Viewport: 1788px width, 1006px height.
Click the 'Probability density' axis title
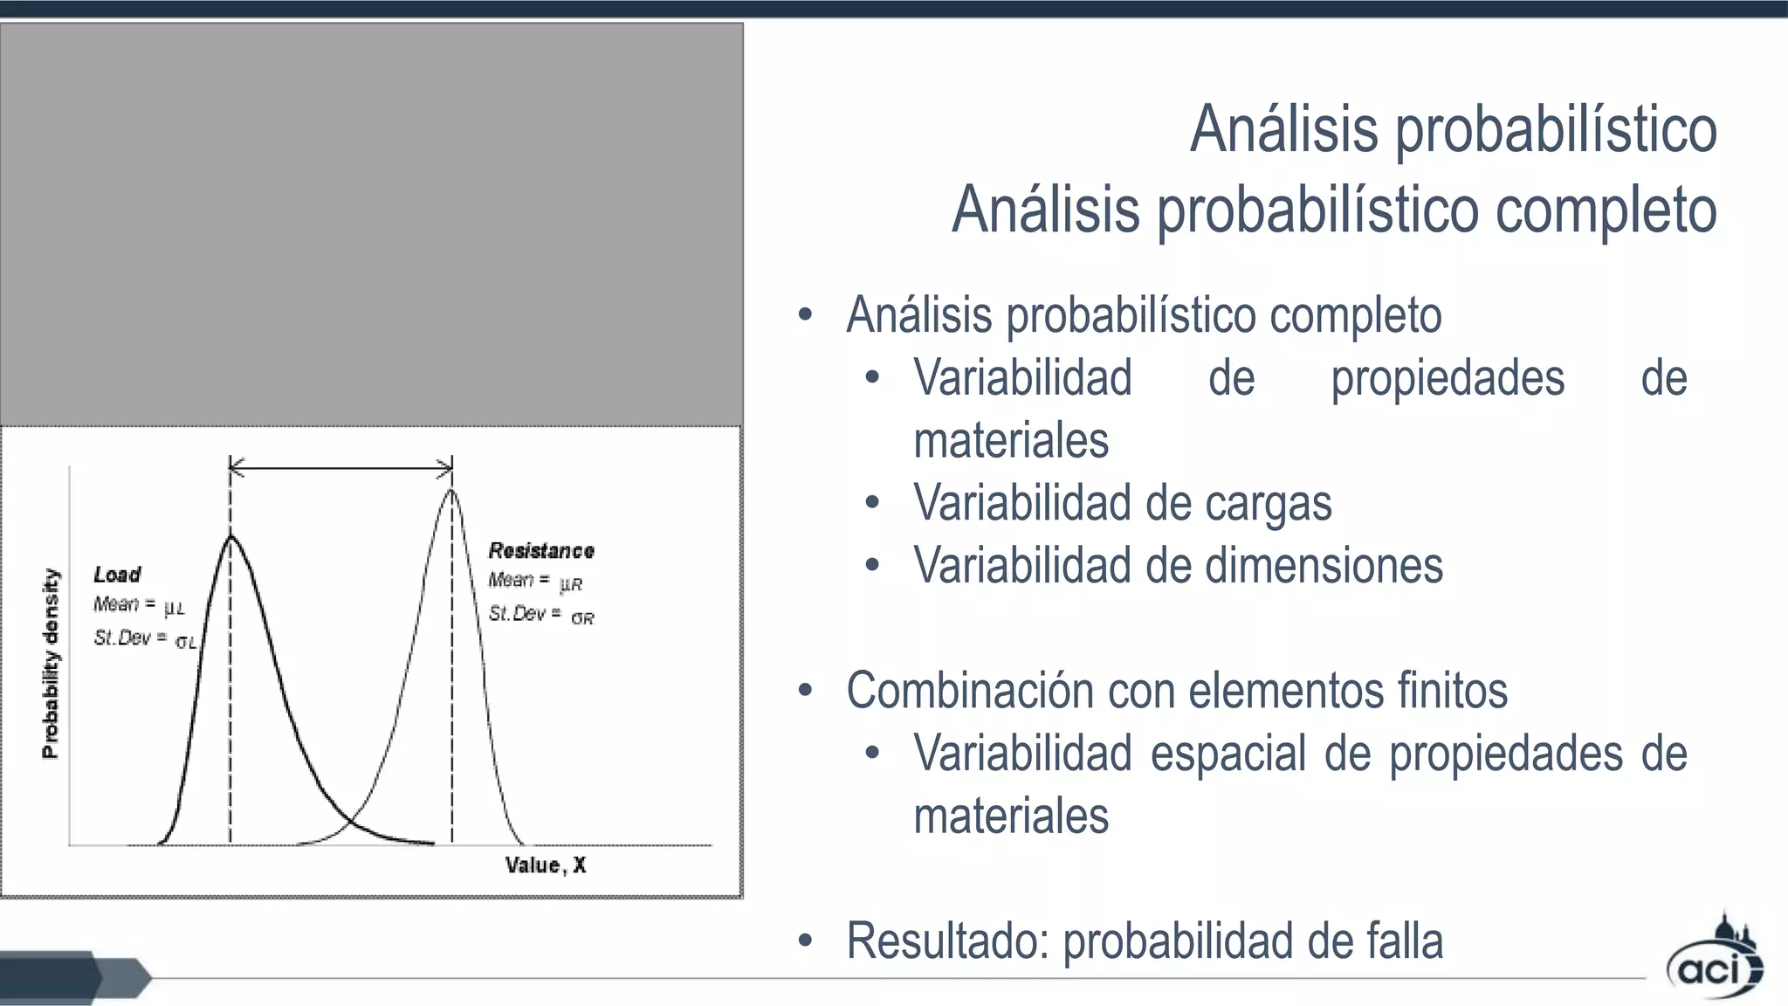(52, 664)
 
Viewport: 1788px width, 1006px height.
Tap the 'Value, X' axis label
(546, 865)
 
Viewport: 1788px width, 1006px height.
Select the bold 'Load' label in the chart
(117, 575)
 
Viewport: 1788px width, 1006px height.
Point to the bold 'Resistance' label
(541, 551)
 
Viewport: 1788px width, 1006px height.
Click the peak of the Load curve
(230, 536)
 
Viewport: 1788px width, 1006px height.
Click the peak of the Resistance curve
(450, 490)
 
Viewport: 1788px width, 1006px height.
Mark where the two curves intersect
(350, 822)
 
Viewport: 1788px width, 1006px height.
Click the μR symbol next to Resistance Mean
(571, 584)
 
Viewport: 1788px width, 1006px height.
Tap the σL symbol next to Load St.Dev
(186, 643)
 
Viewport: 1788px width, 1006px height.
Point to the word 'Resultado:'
(946, 941)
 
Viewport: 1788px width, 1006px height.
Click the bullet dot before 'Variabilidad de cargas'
(871, 503)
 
